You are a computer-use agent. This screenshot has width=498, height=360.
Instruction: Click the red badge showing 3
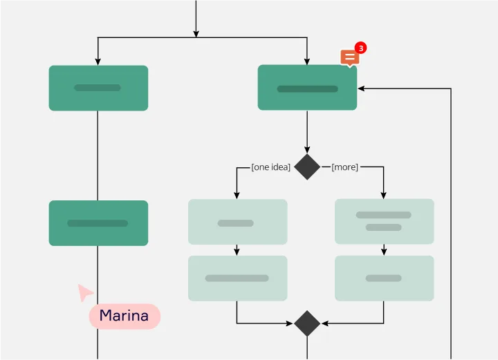point(360,48)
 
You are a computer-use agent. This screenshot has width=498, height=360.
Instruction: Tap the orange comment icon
point(349,58)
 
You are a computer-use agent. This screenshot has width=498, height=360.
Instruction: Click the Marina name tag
point(124,316)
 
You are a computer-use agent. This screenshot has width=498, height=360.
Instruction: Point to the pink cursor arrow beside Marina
point(85,292)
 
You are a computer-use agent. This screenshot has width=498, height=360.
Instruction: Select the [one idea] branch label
point(270,167)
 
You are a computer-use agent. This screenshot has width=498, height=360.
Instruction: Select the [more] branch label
point(344,167)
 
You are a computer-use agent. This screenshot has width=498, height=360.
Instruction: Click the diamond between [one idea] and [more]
point(307,167)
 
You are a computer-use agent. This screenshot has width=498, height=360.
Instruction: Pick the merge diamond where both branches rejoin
point(307,323)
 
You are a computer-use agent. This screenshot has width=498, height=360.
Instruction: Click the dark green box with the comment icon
point(307,88)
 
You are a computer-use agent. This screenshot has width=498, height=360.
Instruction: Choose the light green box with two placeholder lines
point(384,221)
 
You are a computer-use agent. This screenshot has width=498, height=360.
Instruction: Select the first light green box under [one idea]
point(237,222)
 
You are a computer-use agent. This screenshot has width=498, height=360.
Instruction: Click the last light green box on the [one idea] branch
point(237,278)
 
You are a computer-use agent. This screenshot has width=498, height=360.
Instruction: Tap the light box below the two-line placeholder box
point(384,278)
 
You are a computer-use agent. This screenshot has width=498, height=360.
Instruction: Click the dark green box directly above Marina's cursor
point(98,223)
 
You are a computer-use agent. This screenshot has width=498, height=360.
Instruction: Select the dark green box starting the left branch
point(98,88)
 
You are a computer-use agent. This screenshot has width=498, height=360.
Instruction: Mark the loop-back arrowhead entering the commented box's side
point(361,88)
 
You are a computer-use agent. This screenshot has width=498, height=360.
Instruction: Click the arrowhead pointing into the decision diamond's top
point(307,149)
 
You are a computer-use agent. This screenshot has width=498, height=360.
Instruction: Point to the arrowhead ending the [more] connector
point(384,196)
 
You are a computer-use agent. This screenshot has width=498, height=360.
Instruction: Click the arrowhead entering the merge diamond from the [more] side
point(324,323)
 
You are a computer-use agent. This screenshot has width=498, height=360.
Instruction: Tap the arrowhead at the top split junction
point(196,33)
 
